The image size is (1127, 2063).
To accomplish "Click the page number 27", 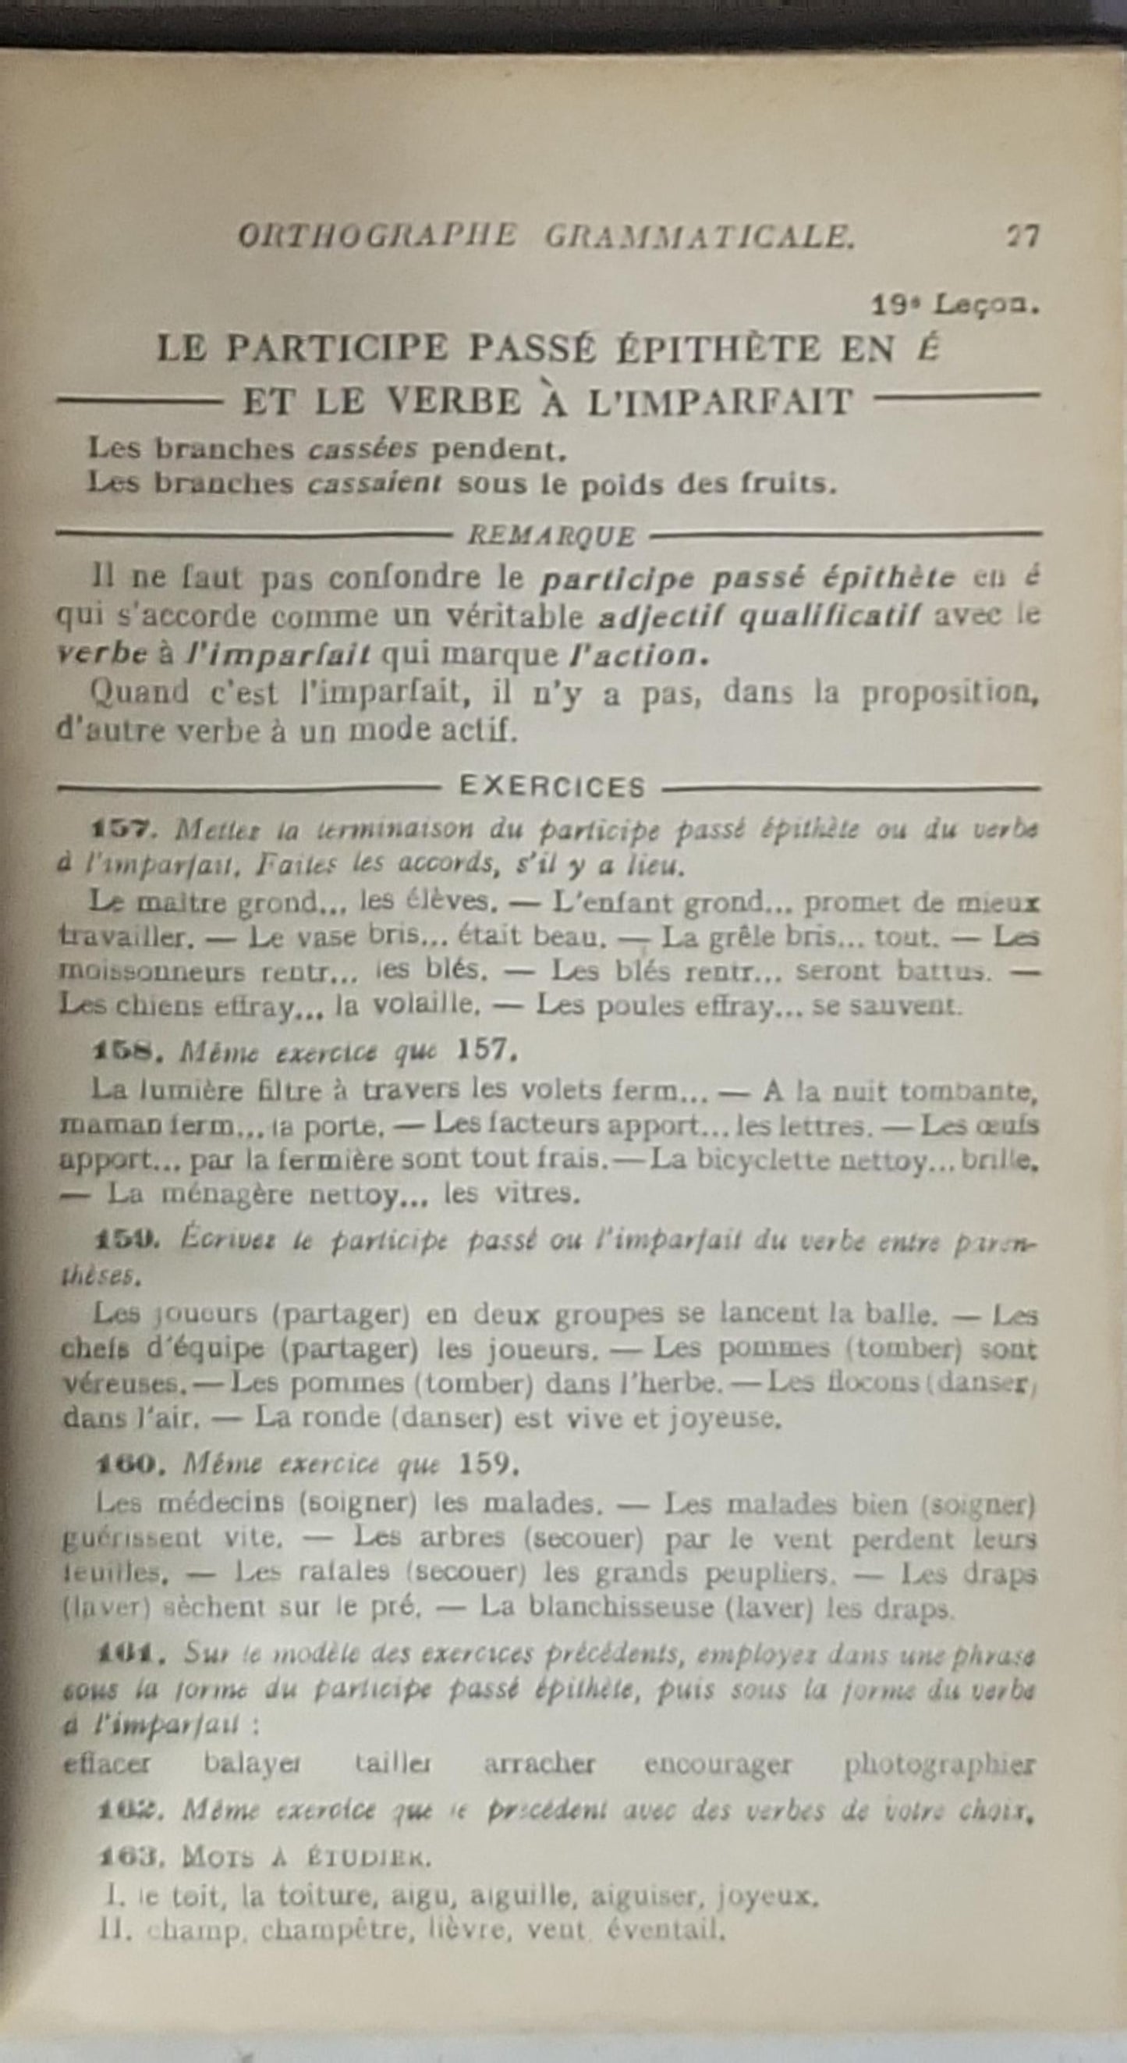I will pos(1022,237).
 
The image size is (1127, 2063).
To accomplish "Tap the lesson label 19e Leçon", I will pos(955,305).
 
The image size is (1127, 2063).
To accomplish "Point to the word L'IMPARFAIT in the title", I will pos(720,402).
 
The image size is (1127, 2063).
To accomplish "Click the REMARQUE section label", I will pos(551,535).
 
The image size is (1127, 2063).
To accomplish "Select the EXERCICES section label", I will pos(551,788).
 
